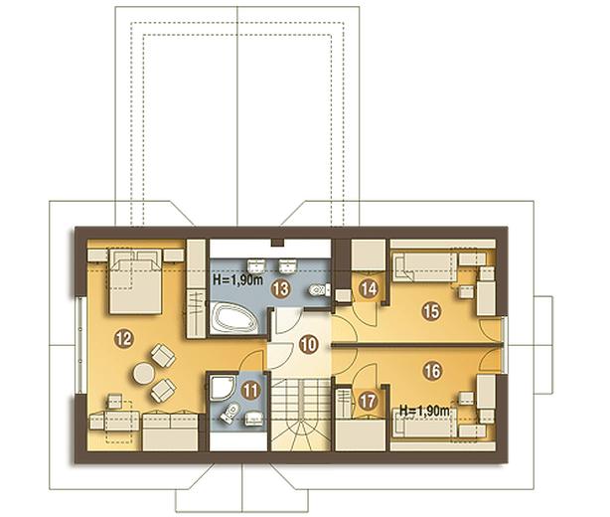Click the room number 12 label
tap(124, 339)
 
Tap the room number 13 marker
tap(281, 288)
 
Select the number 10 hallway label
tap(309, 345)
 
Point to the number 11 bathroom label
tap(251, 392)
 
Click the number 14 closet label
tap(369, 288)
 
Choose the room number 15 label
tap(432, 311)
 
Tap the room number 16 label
tap(432, 371)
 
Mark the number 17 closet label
tap(368, 401)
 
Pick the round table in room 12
tap(144, 373)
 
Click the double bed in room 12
tap(135, 281)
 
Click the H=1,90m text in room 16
tap(424, 411)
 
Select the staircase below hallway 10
tap(301, 416)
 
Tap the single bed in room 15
tap(425, 266)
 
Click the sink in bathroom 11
tap(253, 419)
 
